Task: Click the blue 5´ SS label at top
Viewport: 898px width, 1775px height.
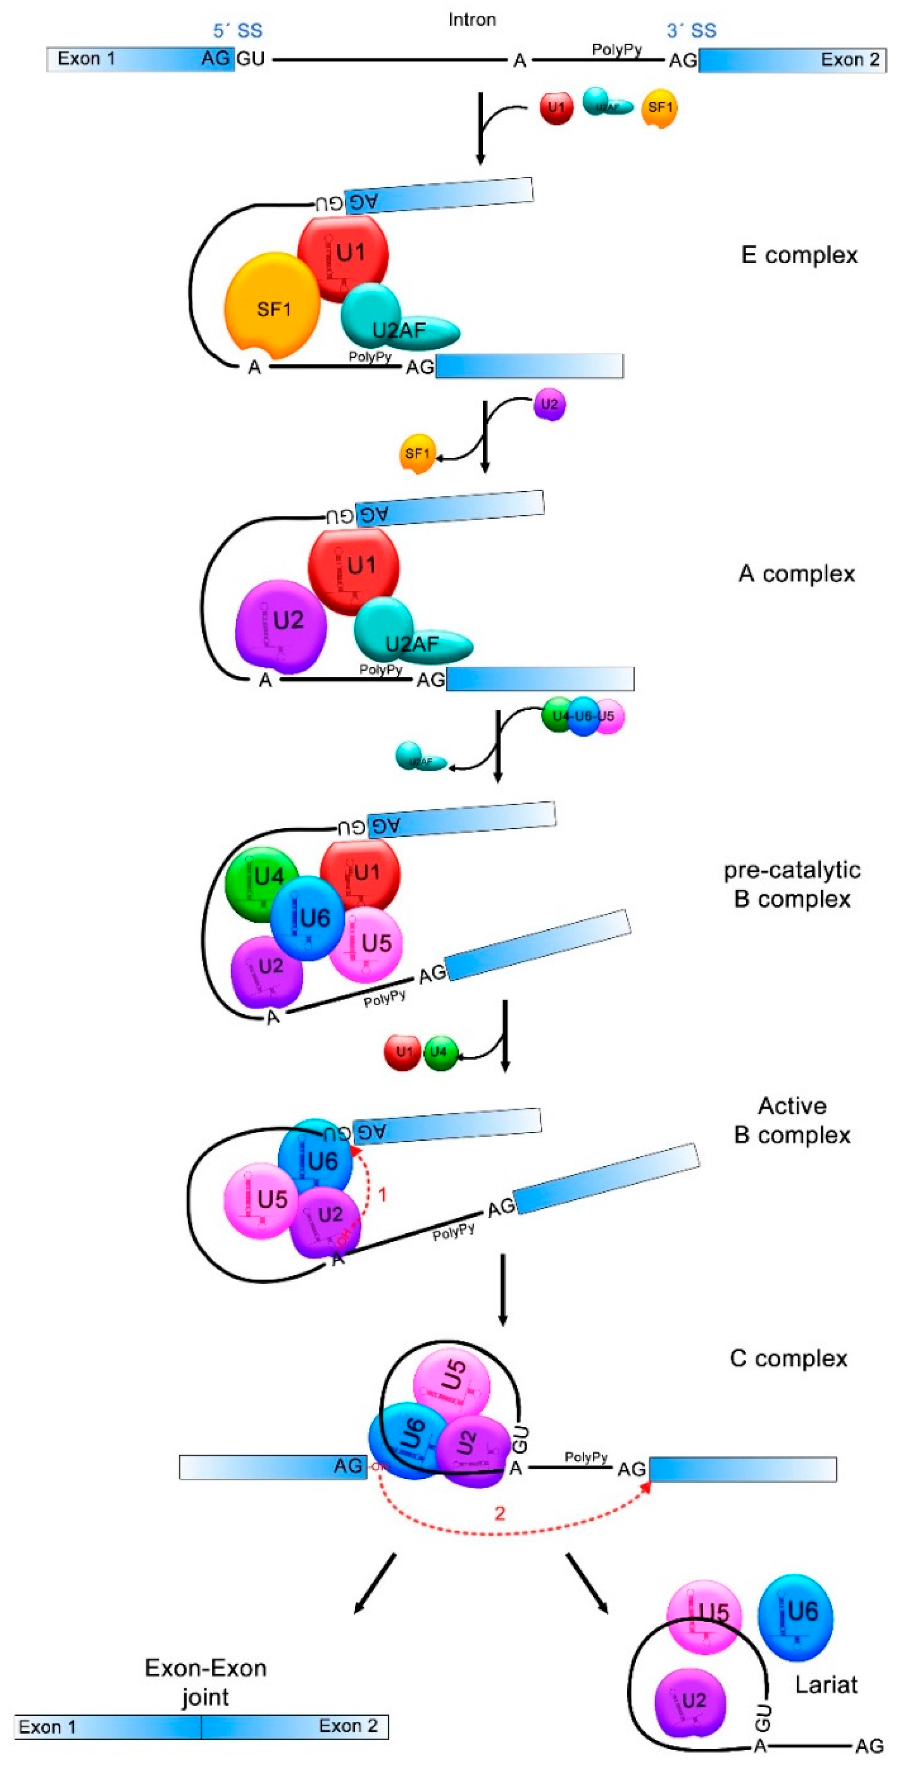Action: (238, 30)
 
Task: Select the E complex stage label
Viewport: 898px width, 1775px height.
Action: (799, 255)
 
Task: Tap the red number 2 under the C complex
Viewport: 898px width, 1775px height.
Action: (500, 1513)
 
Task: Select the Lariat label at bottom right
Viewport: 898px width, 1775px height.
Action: (826, 1685)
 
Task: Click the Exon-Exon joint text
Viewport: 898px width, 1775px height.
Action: (205, 1682)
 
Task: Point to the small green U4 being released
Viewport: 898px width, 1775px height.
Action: (440, 1052)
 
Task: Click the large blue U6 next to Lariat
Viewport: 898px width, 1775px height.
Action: (795, 1617)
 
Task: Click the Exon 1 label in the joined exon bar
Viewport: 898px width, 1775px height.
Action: (47, 1727)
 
